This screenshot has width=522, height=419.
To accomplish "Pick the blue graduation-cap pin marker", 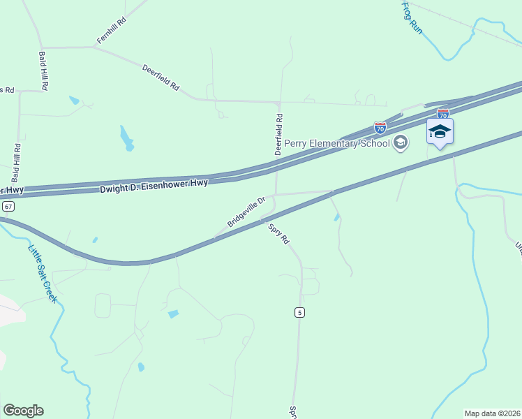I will [440, 132].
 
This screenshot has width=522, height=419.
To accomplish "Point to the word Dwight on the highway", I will [116, 189].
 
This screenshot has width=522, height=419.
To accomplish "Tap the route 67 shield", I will [8, 207].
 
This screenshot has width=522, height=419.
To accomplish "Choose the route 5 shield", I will [299, 312].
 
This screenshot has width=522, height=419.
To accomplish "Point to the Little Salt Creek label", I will [43, 273].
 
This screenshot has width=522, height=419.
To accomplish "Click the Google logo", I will [23, 411].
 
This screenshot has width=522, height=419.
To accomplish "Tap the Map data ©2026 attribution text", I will [492, 413].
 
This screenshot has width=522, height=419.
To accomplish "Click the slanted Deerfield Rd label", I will [161, 79].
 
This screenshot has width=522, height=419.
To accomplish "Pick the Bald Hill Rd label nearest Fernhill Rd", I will [44, 71].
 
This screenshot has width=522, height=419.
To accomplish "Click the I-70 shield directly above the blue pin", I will [442, 112].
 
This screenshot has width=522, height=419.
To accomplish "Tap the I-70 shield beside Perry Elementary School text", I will [380, 128].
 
